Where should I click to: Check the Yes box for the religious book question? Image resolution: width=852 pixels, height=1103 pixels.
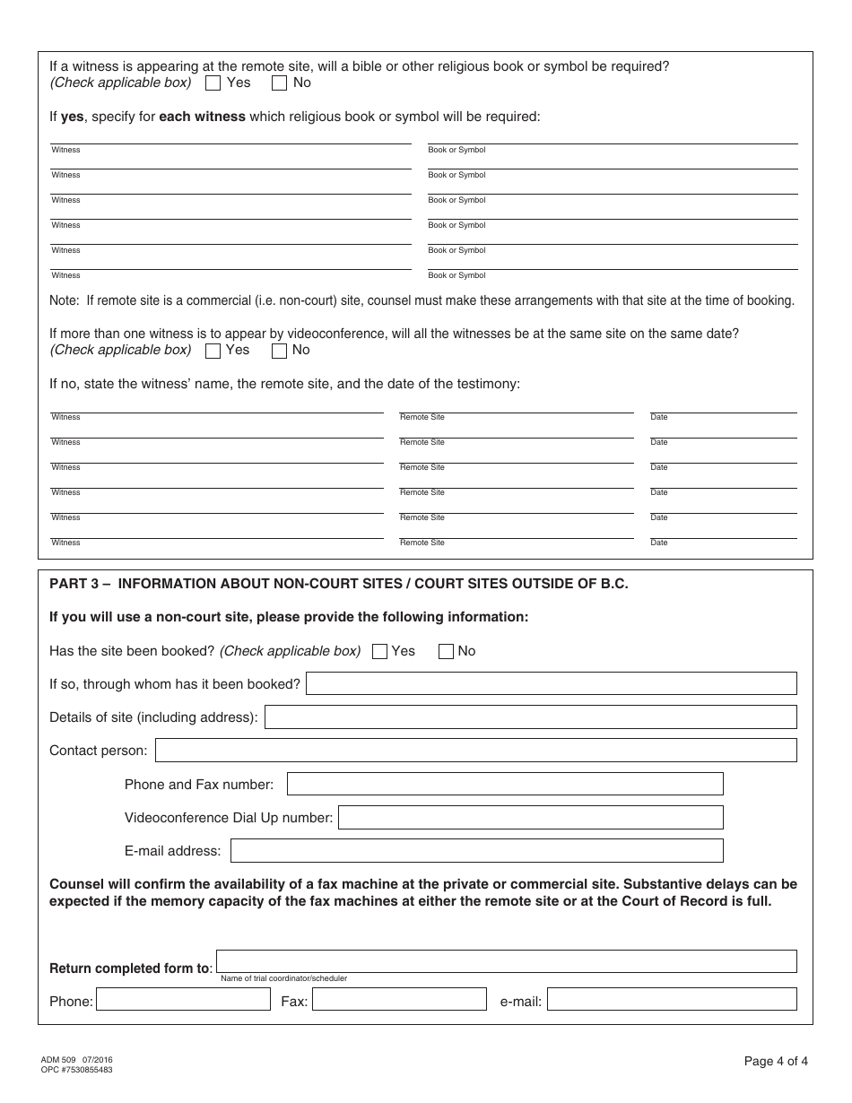(x=213, y=83)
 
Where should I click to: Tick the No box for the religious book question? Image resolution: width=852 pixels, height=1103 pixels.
(x=279, y=83)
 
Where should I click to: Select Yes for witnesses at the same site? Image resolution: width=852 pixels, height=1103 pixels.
(x=213, y=351)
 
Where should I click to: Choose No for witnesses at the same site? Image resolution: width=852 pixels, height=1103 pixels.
(x=279, y=351)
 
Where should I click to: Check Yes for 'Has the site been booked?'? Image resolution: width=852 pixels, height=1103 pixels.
(x=379, y=652)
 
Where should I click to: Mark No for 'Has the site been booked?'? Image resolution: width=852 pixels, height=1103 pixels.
(x=446, y=652)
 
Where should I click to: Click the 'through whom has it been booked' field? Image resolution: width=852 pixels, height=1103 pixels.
(x=551, y=683)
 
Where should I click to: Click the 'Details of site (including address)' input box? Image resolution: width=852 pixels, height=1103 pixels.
(x=530, y=717)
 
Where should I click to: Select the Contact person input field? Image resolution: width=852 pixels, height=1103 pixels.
(x=475, y=750)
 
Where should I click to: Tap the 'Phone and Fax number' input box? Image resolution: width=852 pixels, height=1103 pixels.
(x=504, y=784)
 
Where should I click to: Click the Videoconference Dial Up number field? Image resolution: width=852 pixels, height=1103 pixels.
(x=530, y=817)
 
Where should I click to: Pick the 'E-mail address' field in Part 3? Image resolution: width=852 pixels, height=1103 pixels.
(x=476, y=850)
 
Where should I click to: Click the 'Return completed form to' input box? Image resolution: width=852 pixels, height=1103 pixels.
(x=506, y=961)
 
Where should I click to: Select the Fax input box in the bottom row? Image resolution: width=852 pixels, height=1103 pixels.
(x=399, y=999)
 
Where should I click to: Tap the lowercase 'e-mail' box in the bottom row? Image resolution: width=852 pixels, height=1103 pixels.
(x=672, y=999)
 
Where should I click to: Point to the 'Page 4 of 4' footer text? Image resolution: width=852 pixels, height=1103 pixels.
(x=776, y=1062)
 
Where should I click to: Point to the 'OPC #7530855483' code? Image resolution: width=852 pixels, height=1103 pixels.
(x=76, y=1069)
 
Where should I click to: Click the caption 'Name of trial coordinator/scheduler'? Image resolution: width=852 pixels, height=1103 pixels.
(x=283, y=978)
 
